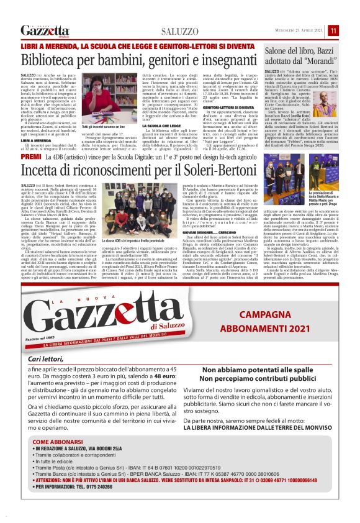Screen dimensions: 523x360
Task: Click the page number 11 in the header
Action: point(351,30)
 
